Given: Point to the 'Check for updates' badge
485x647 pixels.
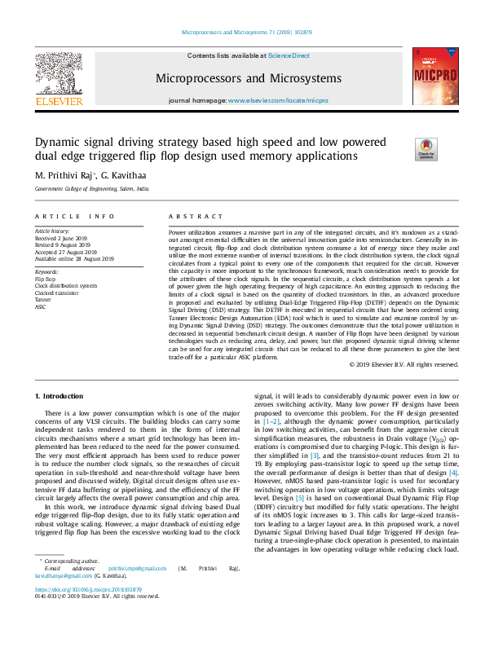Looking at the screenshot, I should coord(425,150).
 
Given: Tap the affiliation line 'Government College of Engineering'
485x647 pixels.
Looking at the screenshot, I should coord(91,188).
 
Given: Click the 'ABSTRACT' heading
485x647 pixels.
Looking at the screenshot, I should coord(190,216).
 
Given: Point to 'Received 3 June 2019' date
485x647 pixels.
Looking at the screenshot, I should coord(70,238).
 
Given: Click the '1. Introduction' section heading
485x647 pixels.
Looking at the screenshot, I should coord(61,394).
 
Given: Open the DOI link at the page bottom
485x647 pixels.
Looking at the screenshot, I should coord(87,611).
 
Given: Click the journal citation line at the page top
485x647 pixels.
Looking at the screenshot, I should coord(242,34).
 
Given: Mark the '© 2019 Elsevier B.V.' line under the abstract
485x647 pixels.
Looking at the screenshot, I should coord(391,363).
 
